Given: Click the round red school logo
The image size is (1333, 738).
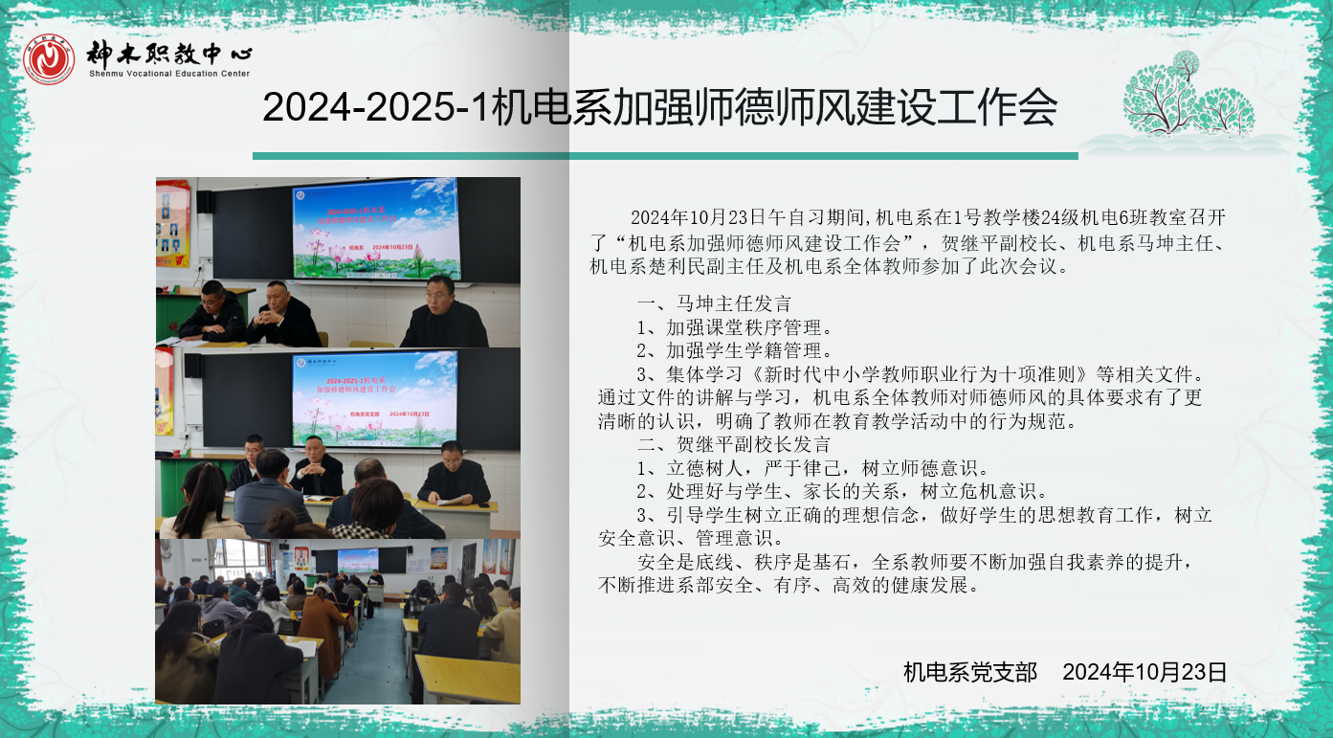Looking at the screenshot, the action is coord(49,59).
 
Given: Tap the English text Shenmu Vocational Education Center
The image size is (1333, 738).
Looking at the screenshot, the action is coord(169,74).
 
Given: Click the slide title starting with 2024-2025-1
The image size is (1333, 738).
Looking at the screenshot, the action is coord(659,108).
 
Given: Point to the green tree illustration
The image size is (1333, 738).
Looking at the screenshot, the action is coord(1189,94).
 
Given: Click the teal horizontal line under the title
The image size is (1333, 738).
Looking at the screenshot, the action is coord(665,156).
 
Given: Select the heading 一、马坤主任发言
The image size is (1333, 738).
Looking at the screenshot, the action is coord(714,303).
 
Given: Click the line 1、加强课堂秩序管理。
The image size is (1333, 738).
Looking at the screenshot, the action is coord(734,327).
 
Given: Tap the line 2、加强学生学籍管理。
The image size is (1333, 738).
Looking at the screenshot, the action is coord(734,350).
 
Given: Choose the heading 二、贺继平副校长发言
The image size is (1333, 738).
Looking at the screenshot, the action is coord(734,444).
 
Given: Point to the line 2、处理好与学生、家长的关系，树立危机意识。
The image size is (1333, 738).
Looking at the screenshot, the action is coord(842,491).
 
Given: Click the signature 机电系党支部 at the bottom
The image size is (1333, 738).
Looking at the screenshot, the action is coord(970,672).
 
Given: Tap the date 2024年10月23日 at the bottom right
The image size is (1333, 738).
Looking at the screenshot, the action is coord(1144,672).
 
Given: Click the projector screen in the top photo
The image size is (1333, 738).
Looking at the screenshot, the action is coord(375,229).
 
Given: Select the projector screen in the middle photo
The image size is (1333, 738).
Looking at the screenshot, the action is coord(375,398).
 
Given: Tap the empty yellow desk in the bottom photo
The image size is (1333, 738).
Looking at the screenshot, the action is coord(467,679).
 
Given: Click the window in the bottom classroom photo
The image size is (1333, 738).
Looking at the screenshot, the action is coord(240,559).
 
